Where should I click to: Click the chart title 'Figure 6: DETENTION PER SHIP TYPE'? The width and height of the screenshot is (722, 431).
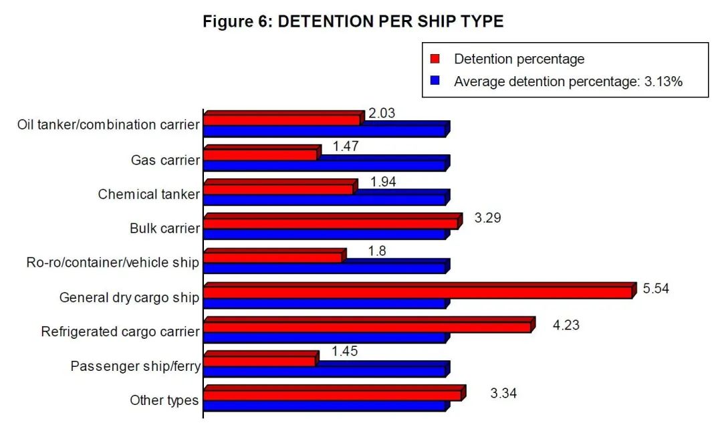pyautogui.click(x=353, y=21)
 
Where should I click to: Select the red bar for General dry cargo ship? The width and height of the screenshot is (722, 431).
pyautogui.click(x=418, y=292)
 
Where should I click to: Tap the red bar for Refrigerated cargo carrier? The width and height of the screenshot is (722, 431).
pyautogui.click(x=367, y=327)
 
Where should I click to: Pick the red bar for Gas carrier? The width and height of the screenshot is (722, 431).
pyautogui.click(x=260, y=154)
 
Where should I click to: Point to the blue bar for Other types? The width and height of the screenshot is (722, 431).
pyautogui.click(x=324, y=405)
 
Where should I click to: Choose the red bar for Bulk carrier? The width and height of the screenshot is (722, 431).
pyautogui.click(x=331, y=223)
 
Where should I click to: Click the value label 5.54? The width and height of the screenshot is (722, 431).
pyautogui.click(x=656, y=289)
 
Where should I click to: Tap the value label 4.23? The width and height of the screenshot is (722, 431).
pyautogui.click(x=566, y=325)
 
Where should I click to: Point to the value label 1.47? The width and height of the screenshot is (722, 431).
pyautogui.click(x=346, y=146)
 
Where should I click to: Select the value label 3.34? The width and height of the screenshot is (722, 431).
pyautogui.click(x=503, y=393)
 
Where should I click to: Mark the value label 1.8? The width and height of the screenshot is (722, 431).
pyautogui.click(x=377, y=251)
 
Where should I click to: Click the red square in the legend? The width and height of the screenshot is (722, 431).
pyautogui.click(x=435, y=59)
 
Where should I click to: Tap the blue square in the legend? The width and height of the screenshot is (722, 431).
pyautogui.click(x=435, y=82)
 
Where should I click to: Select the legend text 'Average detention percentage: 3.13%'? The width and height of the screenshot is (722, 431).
pyautogui.click(x=568, y=82)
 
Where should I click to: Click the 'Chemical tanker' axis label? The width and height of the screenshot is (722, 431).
pyautogui.click(x=148, y=194)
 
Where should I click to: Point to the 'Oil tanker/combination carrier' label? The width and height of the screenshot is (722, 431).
pyautogui.click(x=108, y=125)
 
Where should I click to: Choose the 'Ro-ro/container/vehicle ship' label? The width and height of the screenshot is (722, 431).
pyautogui.click(x=112, y=263)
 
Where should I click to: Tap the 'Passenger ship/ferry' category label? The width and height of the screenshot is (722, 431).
pyautogui.click(x=135, y=366)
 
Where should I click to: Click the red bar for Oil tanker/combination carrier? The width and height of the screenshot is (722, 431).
pyautogui.click(x=281, y=120)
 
